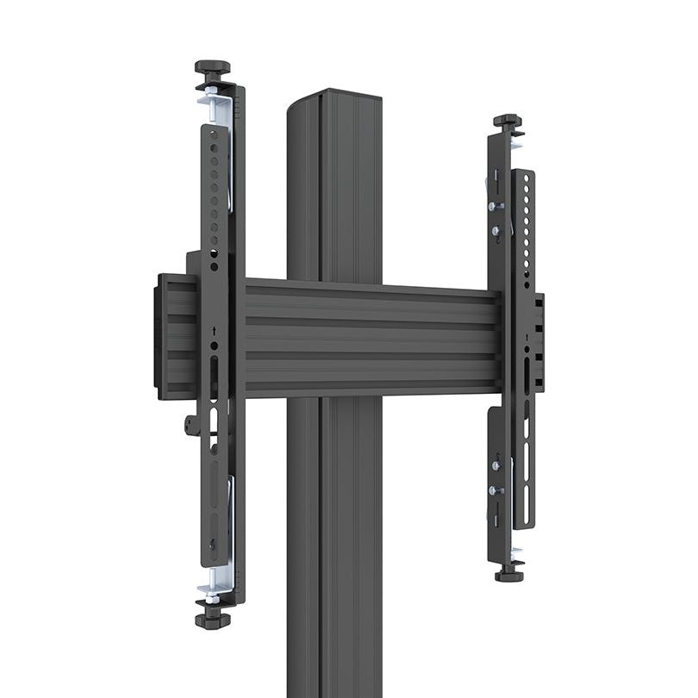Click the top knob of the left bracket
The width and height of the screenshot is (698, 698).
tap(212, 66)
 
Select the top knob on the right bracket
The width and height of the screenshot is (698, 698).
tap(507, 121)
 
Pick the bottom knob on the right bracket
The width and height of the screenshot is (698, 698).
tap(509, 573)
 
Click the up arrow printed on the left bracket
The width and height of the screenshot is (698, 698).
tap(213, 329)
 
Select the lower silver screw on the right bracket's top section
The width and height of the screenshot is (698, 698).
tap(495, 230)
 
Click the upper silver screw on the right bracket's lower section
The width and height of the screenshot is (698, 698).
tap(495, 466)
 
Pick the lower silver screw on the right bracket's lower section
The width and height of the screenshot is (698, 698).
tap(495, 490)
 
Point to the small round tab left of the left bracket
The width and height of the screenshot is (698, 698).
tap(190, 424)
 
